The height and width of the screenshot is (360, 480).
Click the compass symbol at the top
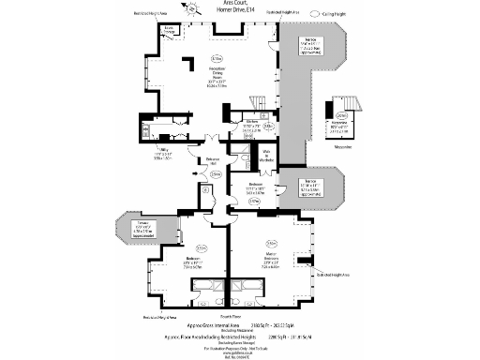[x=194, y=7]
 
